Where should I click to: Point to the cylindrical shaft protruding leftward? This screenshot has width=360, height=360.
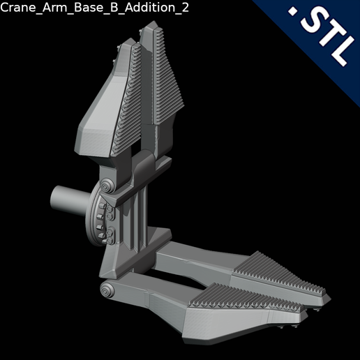pos(67,200)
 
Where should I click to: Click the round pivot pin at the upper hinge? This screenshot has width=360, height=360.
pos(107,188)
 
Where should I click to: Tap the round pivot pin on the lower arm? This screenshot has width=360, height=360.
pos(106,291)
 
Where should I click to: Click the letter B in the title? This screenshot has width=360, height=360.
pos(110,7)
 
